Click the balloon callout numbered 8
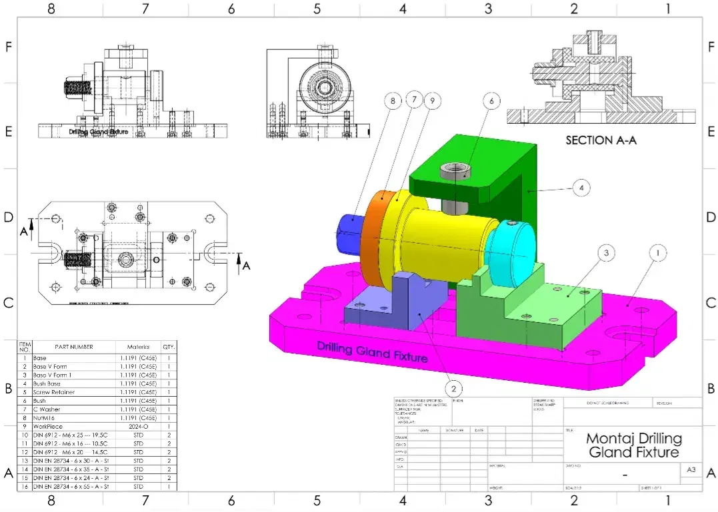(393, 102)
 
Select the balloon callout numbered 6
(491, 101)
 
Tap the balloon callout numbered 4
(581, 188)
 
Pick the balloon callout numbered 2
(453, 388)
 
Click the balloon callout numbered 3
(605, 253)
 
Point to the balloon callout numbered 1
(658, 253)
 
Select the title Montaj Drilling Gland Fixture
(633, 445)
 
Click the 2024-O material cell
(138, 427)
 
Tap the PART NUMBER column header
(73, 347)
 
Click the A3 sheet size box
(690, 470)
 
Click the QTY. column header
(169, 347)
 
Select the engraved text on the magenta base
(371, 352)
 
